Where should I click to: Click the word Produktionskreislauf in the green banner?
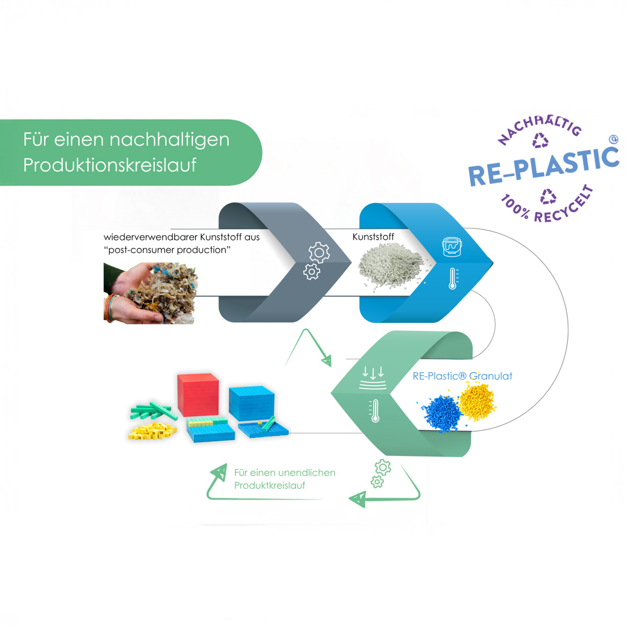(x=110, y=165)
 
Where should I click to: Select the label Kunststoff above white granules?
(x=373, y=237)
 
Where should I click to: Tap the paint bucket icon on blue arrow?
(x=452, y=246)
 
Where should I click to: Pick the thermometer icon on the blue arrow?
(x=453, y=279)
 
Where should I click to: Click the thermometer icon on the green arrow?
(x=374, y=411)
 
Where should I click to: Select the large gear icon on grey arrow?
(x=319, y=252)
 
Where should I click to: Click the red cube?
(x=198, y=395)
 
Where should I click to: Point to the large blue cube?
(x=251, y=403)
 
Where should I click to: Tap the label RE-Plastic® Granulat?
(x=462, y=376)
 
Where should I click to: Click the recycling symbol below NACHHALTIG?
(x=540, y=140)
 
